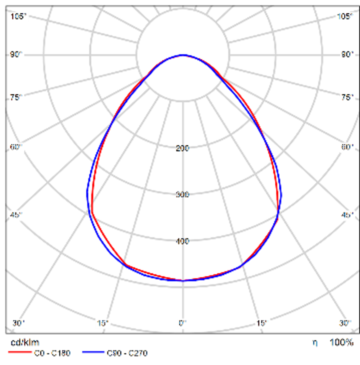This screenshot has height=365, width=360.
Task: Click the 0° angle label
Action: point(182,323)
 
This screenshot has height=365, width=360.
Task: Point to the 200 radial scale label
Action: point(182,148)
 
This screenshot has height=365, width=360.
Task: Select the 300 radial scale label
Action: point(182,194)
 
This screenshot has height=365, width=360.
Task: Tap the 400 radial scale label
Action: point(182,241)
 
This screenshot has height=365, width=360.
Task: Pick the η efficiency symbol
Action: point(314,342)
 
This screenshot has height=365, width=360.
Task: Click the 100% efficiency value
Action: point(341,342)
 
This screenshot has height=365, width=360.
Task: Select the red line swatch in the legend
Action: point(19,353)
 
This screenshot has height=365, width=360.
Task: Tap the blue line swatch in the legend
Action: point(93,353)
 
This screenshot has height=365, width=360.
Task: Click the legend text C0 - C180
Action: point(52,353)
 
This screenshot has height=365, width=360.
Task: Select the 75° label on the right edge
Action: point(347,97)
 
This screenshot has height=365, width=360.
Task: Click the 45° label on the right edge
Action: point(347,215)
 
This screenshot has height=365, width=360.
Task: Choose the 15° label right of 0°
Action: point(260,323)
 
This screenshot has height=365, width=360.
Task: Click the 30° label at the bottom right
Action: point(345,323)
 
